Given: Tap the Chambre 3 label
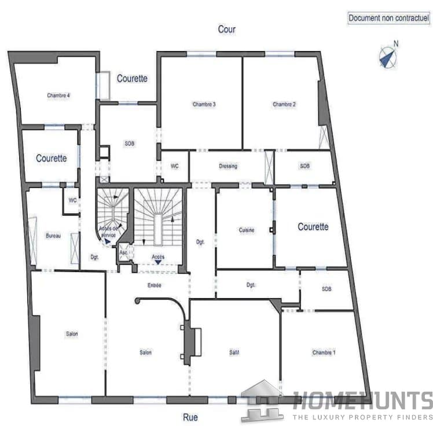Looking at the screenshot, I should [x=204, y=105].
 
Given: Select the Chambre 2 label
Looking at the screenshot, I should [x=284, y=105].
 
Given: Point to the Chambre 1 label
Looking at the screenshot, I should [x=324, y=352].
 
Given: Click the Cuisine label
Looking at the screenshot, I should [x=246, y=230].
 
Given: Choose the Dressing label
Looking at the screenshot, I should [x=228, y=166].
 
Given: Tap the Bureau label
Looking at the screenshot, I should [x=53, y=236].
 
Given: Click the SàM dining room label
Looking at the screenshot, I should [x=234, y=352].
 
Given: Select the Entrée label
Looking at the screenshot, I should [x=154, y=285].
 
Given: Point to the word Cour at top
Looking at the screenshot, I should [x=227, y=29].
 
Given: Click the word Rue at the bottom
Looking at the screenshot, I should [x=190, y=416].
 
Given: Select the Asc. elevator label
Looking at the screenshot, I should [x=123, y=253].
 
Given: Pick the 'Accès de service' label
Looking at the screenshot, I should [x=108, y=232].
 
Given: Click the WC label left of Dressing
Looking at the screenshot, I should [x=174, y=166].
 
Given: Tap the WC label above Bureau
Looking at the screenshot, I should [x=72, y=200].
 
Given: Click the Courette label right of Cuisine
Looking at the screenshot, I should [x=313, y=227].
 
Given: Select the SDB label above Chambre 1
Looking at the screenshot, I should [x=326, y=289].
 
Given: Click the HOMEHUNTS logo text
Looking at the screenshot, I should [x=362, y=401].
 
